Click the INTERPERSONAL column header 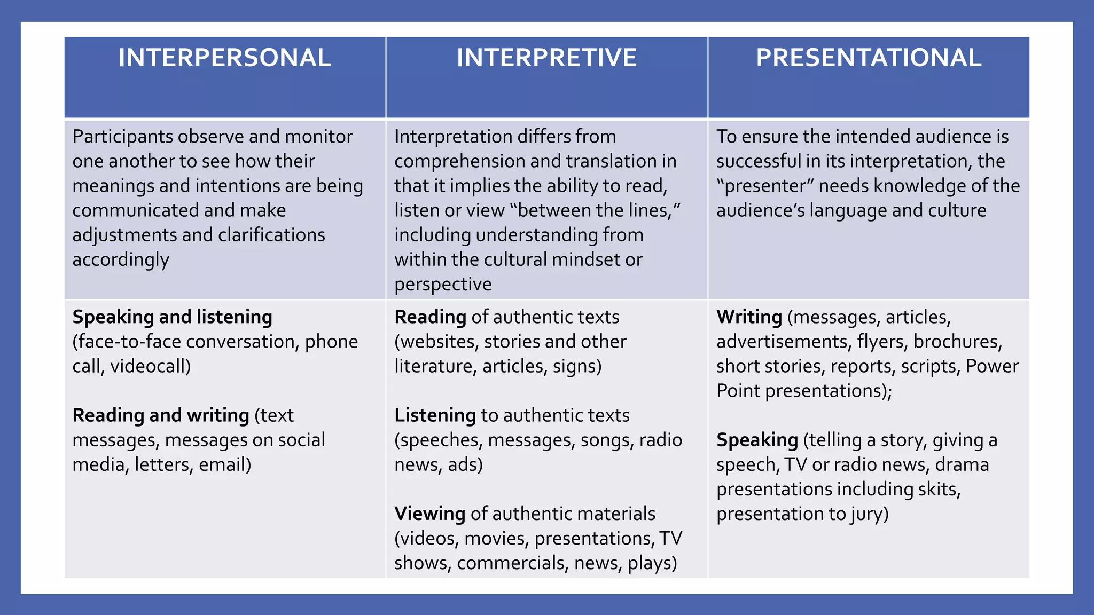point(224,58)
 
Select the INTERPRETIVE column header point(546,58)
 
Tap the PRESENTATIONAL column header point(869,58)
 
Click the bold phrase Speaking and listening point(172,317)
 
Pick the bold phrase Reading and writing point(161,415)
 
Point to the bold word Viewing point(430,514)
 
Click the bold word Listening point(435,415)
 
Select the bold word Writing point(749,317)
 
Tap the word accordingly point(121,260)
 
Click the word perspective point(443,285)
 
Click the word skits point(939,489)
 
